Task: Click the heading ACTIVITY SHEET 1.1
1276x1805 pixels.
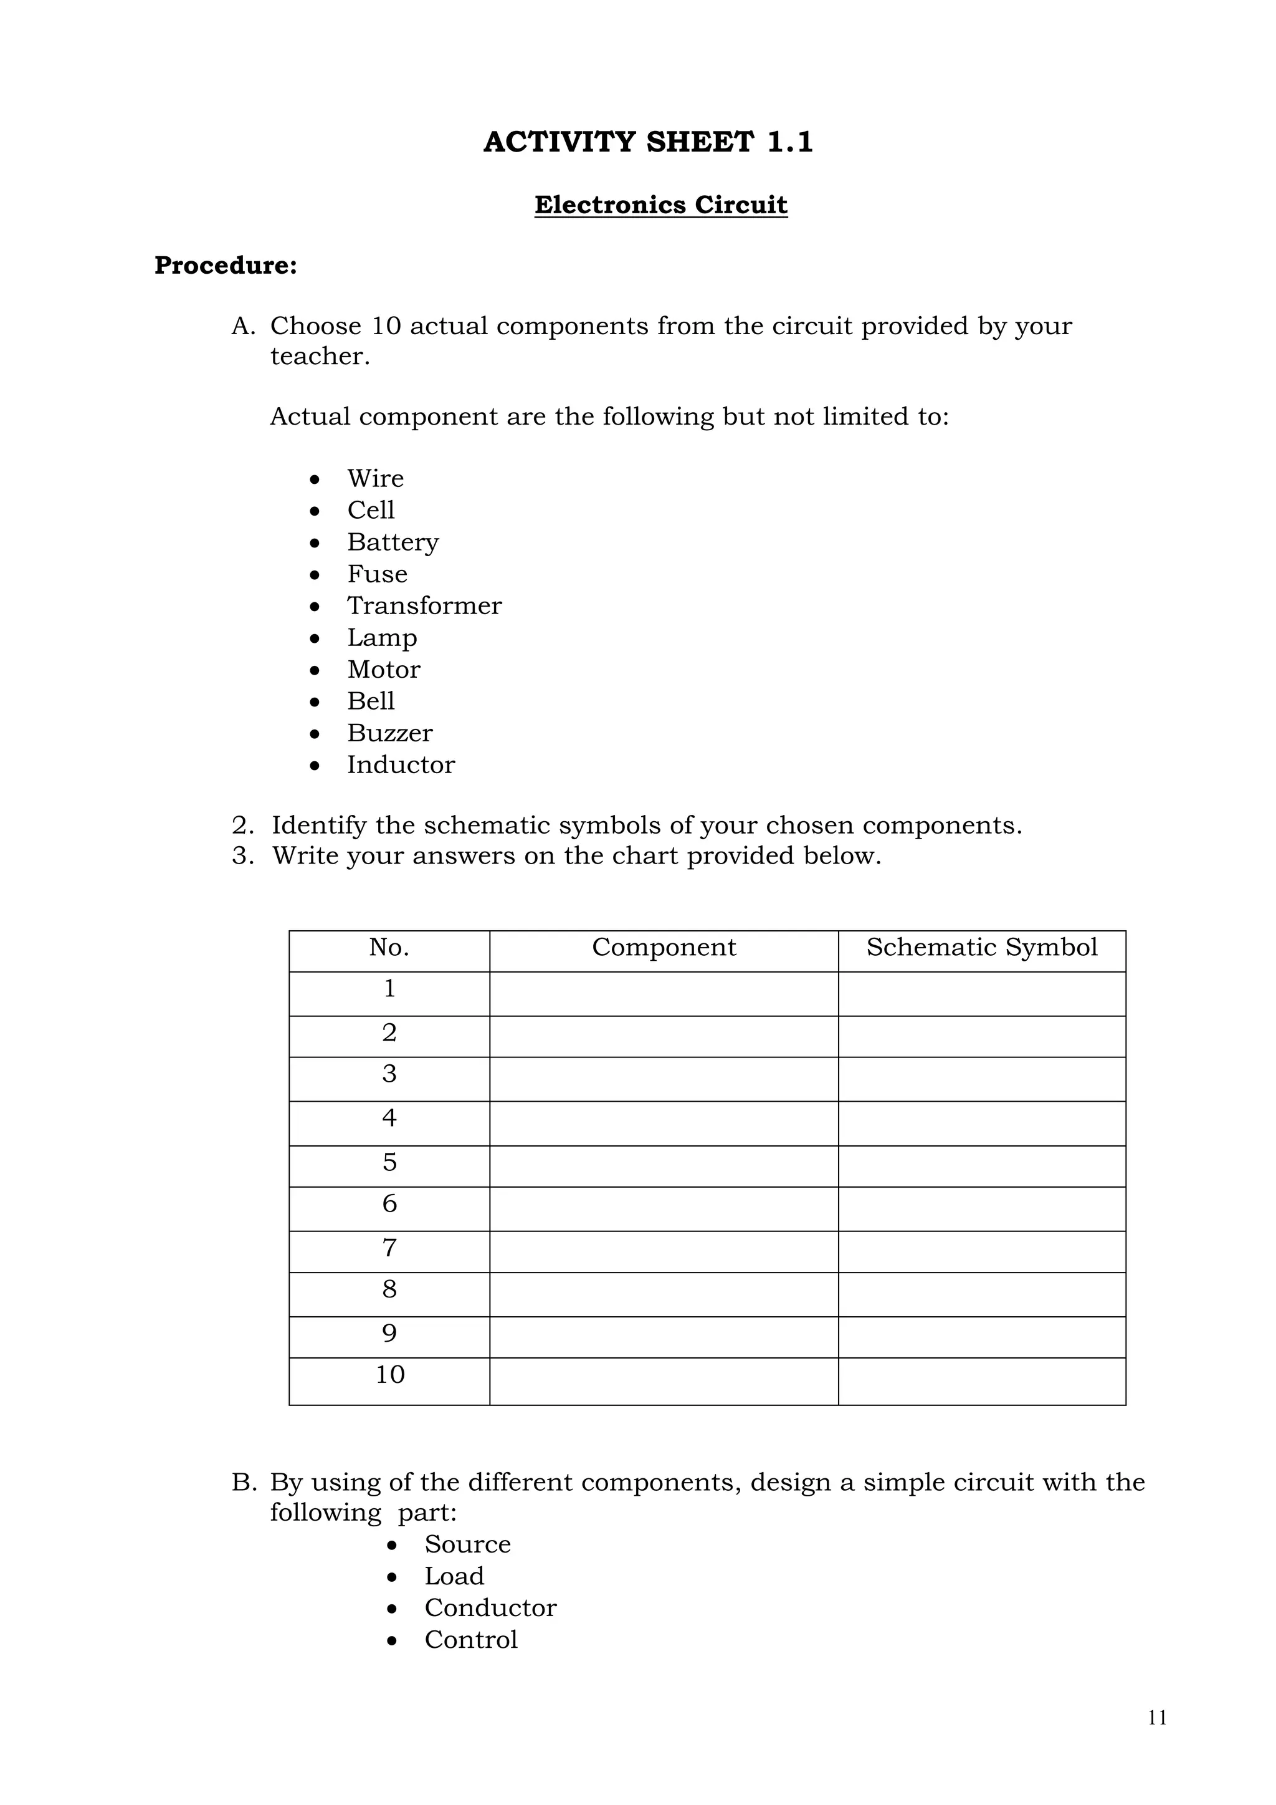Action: pyautogui.click(x=647, y=142)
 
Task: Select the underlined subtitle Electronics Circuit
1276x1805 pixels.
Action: pyautogui.click(x=661, y=205)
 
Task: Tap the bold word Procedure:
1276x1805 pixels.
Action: pyautogui.click(x=226, y=266)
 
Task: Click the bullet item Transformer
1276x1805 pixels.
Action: pyautogui.click(x=424, y=605)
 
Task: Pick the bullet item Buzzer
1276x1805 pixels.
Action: pyautogui.click(x=389, y=733)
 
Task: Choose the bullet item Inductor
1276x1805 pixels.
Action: pyautogui.click(x=401, y=764)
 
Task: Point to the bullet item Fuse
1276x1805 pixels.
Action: pyautogui.click(x=377, y=574)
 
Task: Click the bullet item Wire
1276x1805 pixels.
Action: pyautogui.click(x=376, y=478)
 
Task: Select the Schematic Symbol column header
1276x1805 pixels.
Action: pyautogui.click(x=981, y=947)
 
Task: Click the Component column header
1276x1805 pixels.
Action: pyautogui.click(x=664, y=947)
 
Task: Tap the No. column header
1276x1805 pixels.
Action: pyautogui.click(x=389, y=947)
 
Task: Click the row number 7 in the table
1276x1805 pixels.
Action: pyautogui.click(x=389, y=1248)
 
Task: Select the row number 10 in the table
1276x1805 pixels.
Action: pyautogui.click(x=389, y=1374)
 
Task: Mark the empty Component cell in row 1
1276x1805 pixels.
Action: pyautogui.click(x=664, y=994)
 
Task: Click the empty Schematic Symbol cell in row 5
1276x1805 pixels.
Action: pyautogui.click(x=981, y=1166)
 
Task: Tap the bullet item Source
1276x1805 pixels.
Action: pyautogui.click(x=467, y=1544)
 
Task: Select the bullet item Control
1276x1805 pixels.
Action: pyautogui.click(x=470, y=1639)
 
